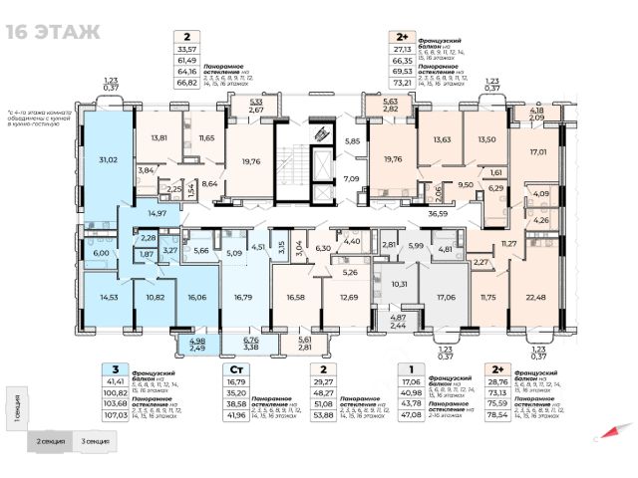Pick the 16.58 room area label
click(294, 297)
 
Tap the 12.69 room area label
click(349, 297)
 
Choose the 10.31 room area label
click(399, 283)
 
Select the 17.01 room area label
click(539, 152)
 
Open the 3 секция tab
click(97, 440)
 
